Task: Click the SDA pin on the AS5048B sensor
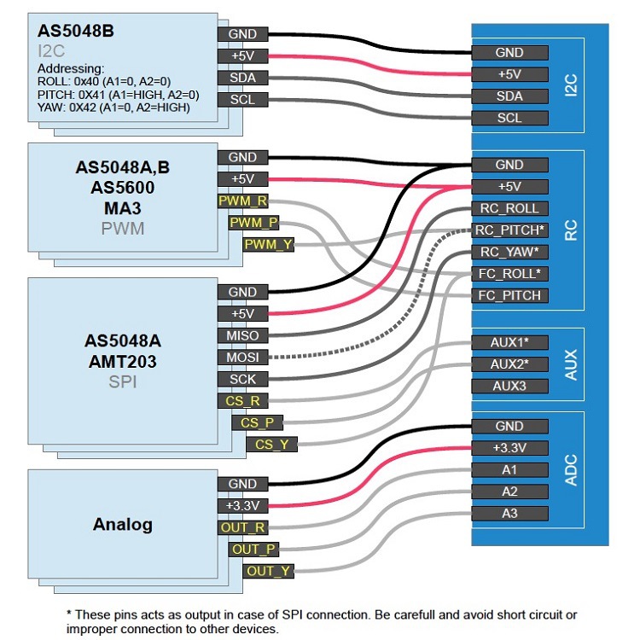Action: pos(243,78)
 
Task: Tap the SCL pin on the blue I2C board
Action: pos(509,118)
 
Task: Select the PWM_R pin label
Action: pos(243,201)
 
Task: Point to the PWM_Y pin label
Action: pos(269,245)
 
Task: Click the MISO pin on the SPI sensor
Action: pos(243,335)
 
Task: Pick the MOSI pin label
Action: pos(243,358)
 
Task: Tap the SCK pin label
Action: pos(243,379)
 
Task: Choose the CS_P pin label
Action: pos(256,422)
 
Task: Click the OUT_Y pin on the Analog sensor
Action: pos(269,571)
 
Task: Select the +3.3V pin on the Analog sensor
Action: pos(243,505)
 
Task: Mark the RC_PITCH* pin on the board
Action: pos(509,230)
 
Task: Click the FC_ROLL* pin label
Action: pos(509,274)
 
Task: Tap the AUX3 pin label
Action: pos(509,385)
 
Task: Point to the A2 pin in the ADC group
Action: pos(509,492)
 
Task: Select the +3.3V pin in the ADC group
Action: pos(509,448)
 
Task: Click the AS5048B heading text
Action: pos(75,31)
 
